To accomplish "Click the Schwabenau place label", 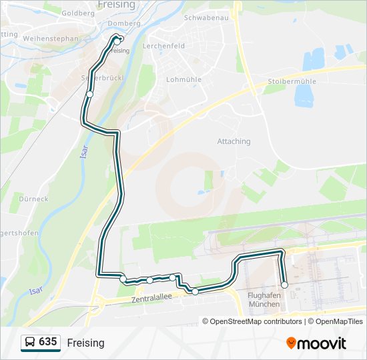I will point(206,17).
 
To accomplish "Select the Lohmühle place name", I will point(179,79).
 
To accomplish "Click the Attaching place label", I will point(234,141).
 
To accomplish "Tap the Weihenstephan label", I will point(51,39).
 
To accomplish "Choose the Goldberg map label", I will point(77,13).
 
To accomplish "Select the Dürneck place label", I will point(33,199).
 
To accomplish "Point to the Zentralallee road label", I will point(153,297).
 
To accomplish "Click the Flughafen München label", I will point(263,299).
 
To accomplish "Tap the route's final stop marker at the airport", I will point(285,285).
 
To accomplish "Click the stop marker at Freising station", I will point(117,41).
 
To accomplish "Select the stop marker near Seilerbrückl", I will point(89,95).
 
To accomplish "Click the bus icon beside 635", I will point(30,343).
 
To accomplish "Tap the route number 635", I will point(47,342).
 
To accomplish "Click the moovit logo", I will point(316,343).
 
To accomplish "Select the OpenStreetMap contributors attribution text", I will point(255,321).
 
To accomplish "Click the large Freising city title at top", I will point(116,5).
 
